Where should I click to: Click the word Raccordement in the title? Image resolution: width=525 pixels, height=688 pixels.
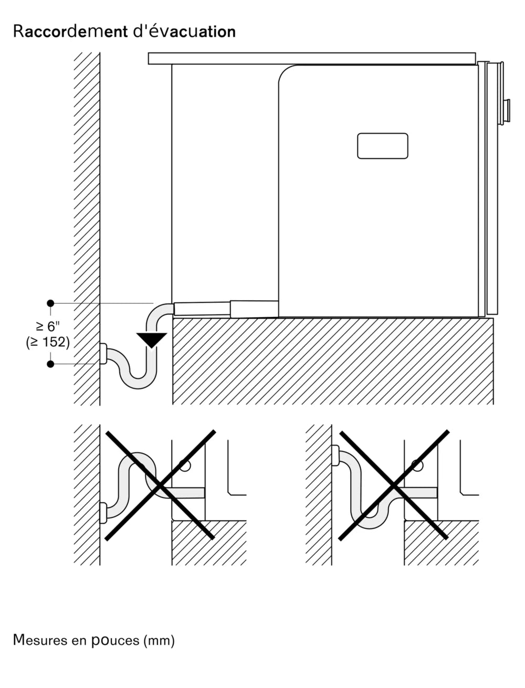coord(70,31)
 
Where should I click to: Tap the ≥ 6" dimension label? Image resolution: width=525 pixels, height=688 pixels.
coord(48,326)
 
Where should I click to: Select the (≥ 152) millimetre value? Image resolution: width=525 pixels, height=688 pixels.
coord(48,342)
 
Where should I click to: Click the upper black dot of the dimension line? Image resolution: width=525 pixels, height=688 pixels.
coord(50,303)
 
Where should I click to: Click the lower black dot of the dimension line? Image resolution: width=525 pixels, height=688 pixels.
coord(50,364)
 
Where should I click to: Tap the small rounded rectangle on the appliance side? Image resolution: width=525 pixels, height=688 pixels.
coord(383,146)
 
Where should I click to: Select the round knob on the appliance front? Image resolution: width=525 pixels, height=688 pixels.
coord(507,111)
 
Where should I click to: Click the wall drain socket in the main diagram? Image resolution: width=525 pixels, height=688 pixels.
coord(103,354)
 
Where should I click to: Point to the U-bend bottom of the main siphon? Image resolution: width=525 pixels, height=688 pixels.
coord(138,381)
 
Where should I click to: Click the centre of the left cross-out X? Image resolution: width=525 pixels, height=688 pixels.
coord(160,485)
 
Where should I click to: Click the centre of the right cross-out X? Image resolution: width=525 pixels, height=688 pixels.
coord(394,485)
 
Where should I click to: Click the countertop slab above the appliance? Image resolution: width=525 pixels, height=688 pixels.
coord(312,59)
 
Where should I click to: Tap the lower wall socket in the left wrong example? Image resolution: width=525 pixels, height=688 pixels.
coord(103,513)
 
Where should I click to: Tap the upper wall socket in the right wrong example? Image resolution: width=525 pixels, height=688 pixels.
coord(335,455)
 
